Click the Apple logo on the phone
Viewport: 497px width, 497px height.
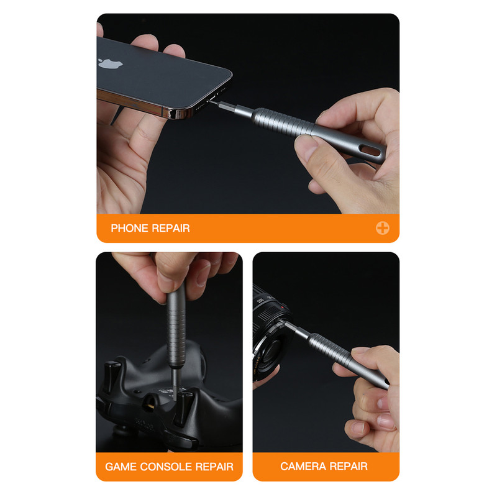tap(110, 63)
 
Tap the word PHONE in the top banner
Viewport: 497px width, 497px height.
tap(129, 228)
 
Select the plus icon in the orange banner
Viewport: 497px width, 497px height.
tap(383, 228)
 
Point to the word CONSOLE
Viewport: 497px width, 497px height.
tap(166, 467)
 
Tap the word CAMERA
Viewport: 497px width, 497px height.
tap(303, 467)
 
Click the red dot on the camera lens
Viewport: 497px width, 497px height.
tap(282, 308)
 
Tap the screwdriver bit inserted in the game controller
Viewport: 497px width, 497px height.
tap(174, 383)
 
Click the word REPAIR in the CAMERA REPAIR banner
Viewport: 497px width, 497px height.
tap(349, 467)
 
